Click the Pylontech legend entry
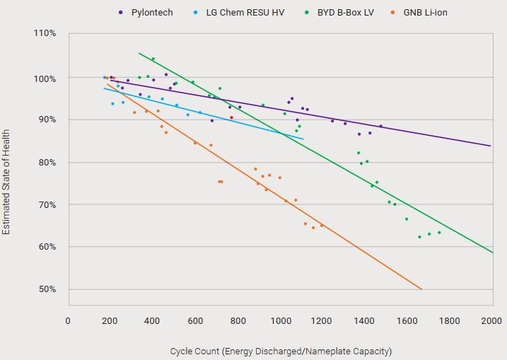(x=151, y=13)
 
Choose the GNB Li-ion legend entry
(x=425, y=13)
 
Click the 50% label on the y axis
(x=47, y=289)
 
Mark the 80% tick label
(x=47, y=162)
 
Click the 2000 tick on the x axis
(x=491, y=321)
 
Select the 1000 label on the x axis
(x=280, y=321)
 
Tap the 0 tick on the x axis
(x=68, y=321)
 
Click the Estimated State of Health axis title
(x=6, y=182)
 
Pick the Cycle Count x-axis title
(x=281, y=351)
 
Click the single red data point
(x=231, y=117)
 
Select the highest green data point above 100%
(x=153, y=59)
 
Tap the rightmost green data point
(x=439, y=232)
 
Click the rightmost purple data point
(x=380, y=126)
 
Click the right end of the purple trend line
(x=491, y=146)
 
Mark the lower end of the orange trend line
(x=421, y=289)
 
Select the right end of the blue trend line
(x=303, y=139)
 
